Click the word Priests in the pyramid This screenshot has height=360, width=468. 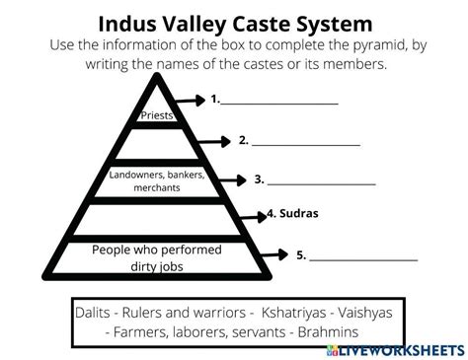point(158,115)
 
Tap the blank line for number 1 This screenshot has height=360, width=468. point(279,102)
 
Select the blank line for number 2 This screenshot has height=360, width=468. point(306,144)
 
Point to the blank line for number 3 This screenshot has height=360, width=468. point(322,183)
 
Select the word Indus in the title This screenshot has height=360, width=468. point(131,22)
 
